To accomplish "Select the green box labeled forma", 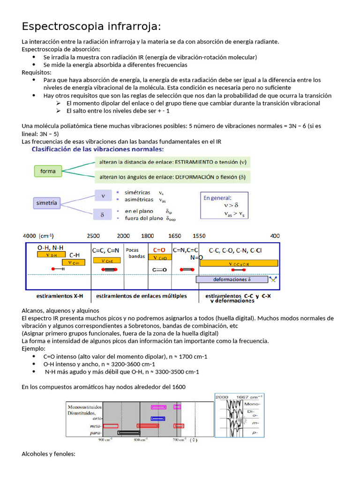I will pos(48,172).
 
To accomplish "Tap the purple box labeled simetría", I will pos(46,203).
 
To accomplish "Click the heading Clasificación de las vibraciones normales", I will pos(97,150).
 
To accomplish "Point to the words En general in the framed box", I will pos(217,198).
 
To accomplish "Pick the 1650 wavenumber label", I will pos(174,236).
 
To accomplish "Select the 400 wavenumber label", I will pos(275,236).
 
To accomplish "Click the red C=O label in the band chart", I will pos(160,250).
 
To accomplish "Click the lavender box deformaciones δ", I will pos(232,279).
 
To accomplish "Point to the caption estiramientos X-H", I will pos(60,296).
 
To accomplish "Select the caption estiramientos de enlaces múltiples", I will pos(141,296).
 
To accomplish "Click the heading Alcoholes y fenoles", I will pos(48,454).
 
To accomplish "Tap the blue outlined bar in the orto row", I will pos(157,419).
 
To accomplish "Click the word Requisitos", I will pos(37,72).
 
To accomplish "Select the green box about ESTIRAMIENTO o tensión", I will pos(172,163).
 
